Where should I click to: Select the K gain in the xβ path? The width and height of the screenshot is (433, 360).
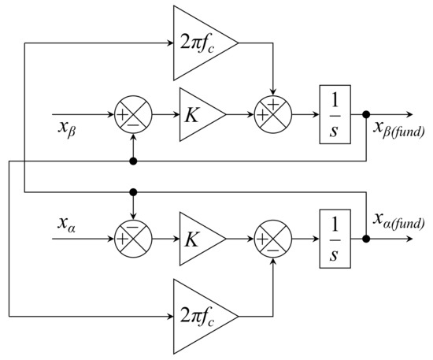click(x=198, y=115)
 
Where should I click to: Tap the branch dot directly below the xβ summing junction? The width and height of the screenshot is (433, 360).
click(x=134, y=161)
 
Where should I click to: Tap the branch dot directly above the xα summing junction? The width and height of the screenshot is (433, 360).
click(x=134, y=191)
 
